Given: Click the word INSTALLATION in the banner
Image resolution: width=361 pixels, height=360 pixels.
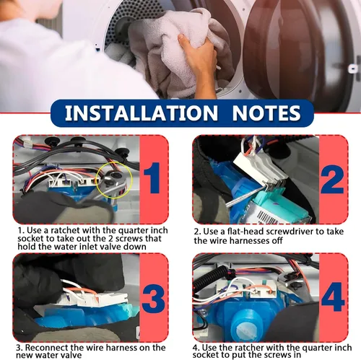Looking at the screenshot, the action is click(142, 113).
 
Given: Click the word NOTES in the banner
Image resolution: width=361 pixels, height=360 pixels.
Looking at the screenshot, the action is click(266, 113).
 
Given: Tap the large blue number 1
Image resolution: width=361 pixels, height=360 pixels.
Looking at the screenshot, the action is click(152, 178).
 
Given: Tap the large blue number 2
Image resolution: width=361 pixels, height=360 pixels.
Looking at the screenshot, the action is click(333, 180).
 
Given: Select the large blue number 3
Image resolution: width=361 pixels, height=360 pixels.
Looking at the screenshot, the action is click(154, 297).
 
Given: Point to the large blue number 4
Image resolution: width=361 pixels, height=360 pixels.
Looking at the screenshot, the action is click(333, 297).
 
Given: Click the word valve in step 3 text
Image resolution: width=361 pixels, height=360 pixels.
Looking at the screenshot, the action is click(71, 355).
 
